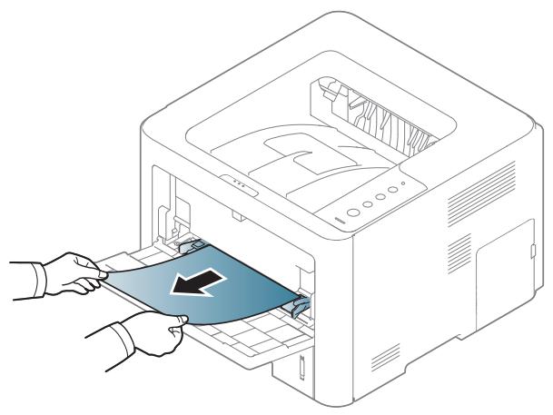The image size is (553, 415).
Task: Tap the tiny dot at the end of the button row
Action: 403,184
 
